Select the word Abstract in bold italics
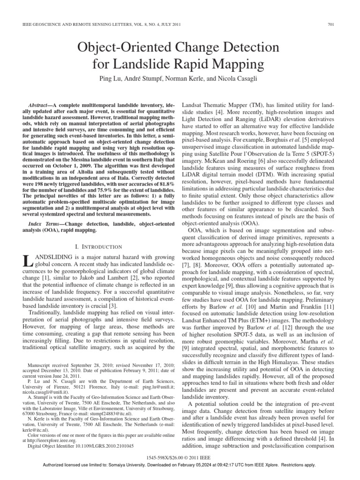point(39,101)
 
